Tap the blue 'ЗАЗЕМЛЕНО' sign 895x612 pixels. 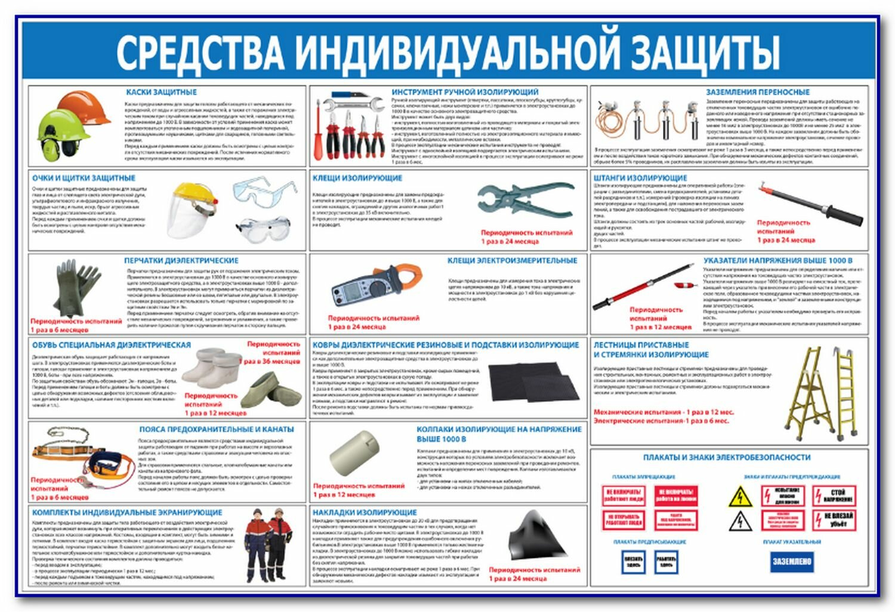tap(792, 561)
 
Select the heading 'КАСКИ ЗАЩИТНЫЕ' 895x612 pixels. tap(161, 93)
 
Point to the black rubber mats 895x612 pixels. tap(533, 382)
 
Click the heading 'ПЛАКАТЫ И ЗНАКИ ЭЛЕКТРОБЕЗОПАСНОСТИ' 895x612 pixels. tap(726, 457)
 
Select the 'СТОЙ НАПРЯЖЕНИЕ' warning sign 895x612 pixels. tap(837, 496)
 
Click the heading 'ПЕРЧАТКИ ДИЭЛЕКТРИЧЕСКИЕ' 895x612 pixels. tap(181, 261)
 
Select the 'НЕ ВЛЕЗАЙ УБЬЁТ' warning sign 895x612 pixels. tap(837, 519)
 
